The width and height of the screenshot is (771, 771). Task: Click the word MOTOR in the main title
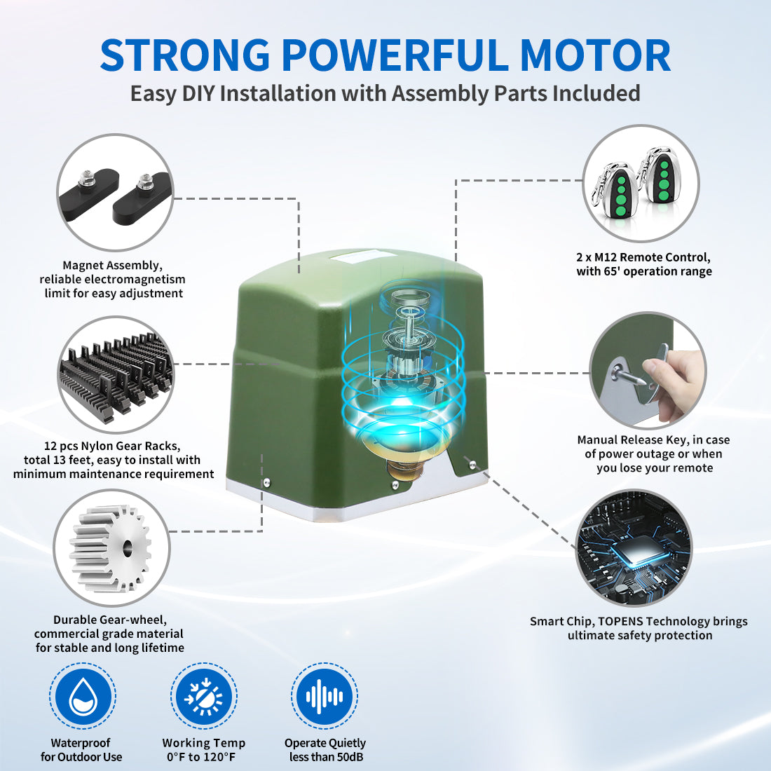[595, 55]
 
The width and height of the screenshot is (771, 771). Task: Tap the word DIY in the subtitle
[198, 93]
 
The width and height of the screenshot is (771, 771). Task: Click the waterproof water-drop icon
[83, 696]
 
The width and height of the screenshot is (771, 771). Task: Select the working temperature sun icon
[203, 696]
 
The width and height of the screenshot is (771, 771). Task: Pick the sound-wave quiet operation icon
[325, 696]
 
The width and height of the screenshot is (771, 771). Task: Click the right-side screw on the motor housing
[473, 463]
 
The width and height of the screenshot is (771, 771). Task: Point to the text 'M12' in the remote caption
[607, 257]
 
